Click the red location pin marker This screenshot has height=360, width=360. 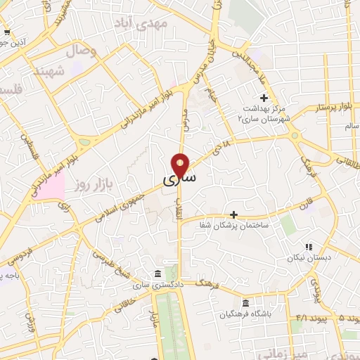pyautogui.click(x=181, y=164)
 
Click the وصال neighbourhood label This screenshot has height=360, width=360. pyautogui.click(x=81, y=51)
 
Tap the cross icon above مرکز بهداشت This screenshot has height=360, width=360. pyautogui.click(x=264, y=98)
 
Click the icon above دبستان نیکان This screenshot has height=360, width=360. pyautogui.click(x=309, y=247)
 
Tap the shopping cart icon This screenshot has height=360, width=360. pyautogui.click(x=6, y=32)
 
